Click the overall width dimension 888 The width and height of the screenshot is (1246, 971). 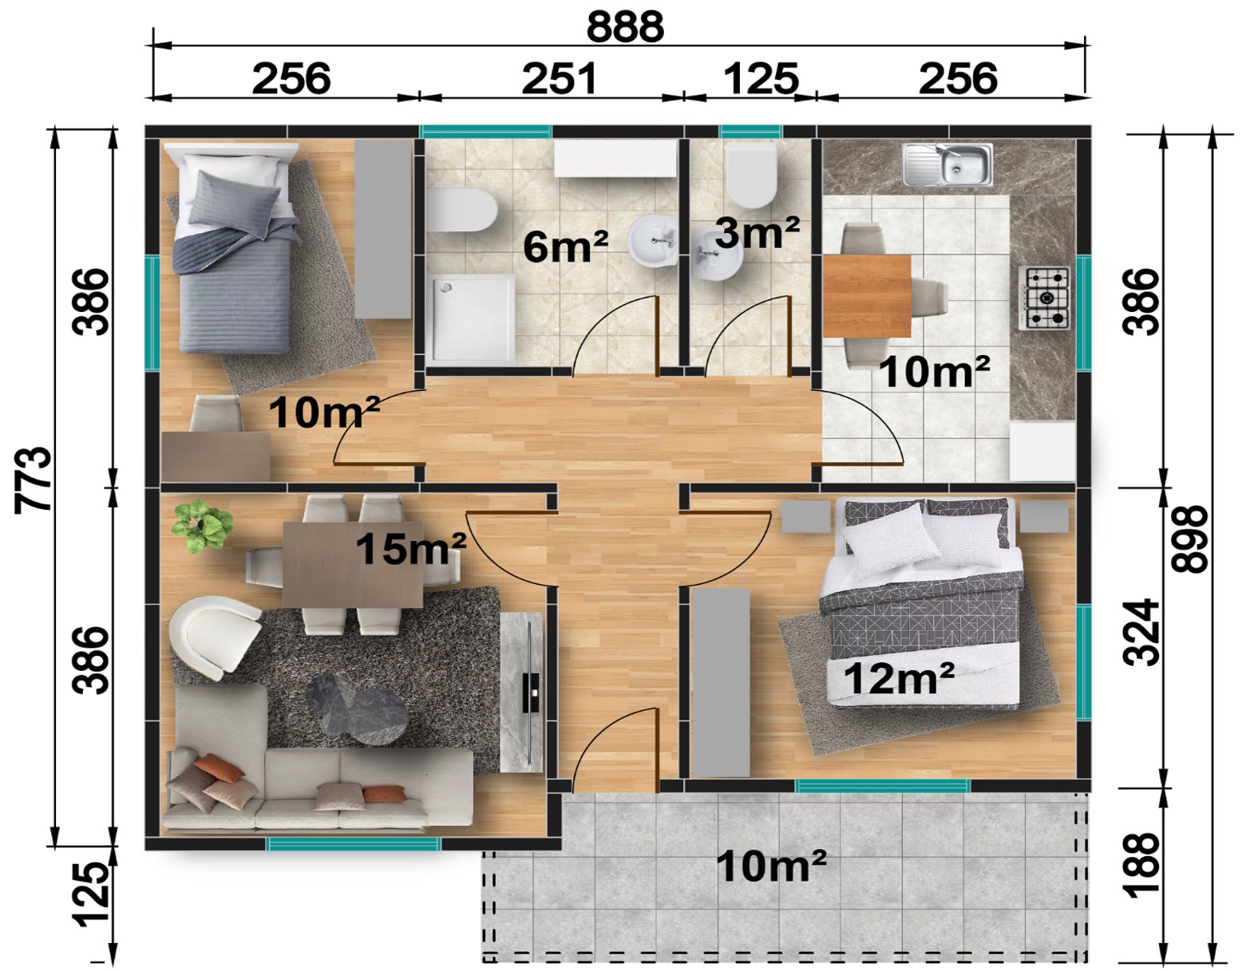[625, 27]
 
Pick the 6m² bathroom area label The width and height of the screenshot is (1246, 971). [565, 247]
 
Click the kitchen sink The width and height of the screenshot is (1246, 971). [947, 164]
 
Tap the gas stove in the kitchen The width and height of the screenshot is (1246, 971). [1044, 298]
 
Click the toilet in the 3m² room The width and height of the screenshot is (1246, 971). [751, 174]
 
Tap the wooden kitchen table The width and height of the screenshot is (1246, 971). [867, 296]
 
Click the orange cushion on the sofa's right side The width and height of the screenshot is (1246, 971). [385, 794]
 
